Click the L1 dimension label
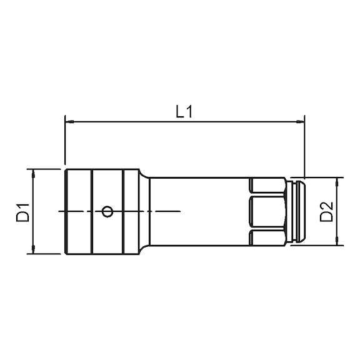pos(184,112)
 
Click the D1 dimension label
pos(23,212)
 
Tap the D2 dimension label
pos(326,211)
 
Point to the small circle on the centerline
pos(107,211)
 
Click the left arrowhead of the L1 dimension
pos(69,121)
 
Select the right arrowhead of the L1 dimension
pos(300,121)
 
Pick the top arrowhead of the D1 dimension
pos(33,173)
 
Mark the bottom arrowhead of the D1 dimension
pos(33,249)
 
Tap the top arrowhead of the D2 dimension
pos(337,182)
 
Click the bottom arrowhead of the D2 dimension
pos(337,241)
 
